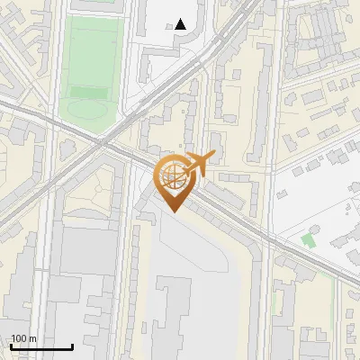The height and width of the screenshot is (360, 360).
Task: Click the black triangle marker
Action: tap(181, 24)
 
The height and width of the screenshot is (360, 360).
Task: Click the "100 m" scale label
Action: tap(23, 338)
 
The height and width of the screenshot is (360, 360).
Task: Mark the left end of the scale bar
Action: tap(11, 346)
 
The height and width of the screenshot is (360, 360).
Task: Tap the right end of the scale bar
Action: tap(72, 346)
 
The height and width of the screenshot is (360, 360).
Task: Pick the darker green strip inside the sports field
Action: tap(88, 92)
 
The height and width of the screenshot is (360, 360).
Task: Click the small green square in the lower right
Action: tap(310, 240)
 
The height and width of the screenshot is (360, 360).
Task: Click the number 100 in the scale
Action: tap(20, 338)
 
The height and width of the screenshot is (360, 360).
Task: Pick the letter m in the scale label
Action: tap(33, 338)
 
